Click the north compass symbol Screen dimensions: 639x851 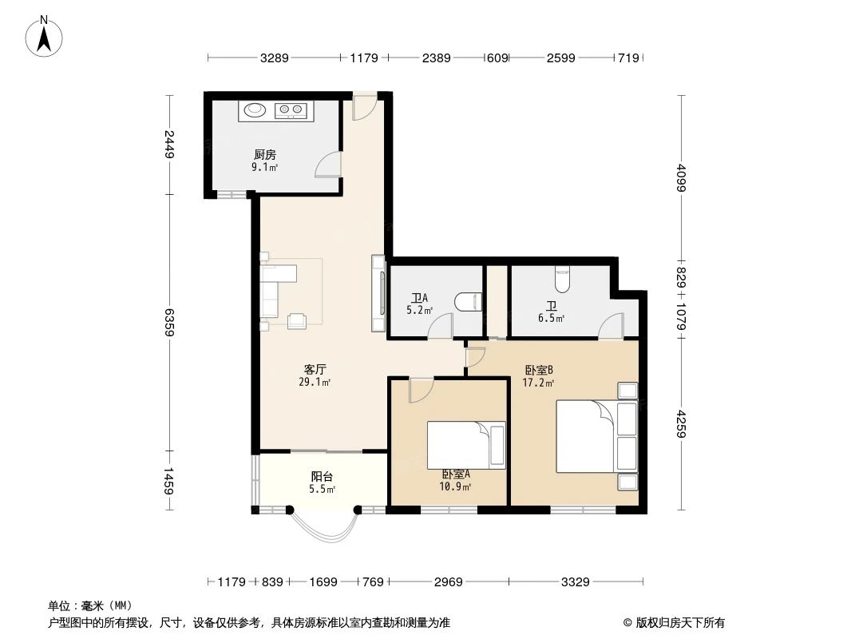(46, 36)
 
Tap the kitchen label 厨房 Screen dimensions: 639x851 (265, 155)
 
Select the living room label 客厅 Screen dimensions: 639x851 (316, 369)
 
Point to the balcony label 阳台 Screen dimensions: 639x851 (322, 477)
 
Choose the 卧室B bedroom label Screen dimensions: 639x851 (539, 370)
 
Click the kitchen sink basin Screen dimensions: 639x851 (255, 110)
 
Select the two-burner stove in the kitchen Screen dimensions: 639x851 (291, 110)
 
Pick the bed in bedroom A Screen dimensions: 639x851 (465, 445)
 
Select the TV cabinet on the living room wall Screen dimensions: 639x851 (378, 293)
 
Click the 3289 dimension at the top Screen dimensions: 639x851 (274, 58)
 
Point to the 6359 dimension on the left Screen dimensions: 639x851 (169, 322)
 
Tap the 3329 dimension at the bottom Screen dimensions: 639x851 (575, 582)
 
